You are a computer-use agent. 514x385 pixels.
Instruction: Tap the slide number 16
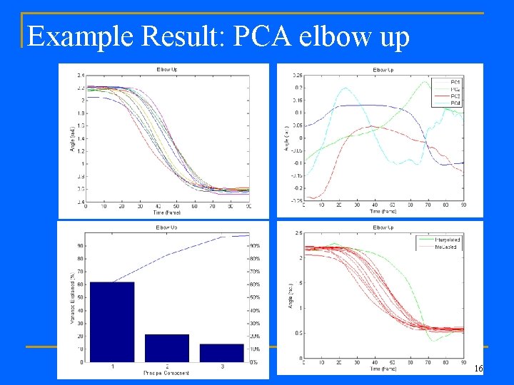click(478, 369)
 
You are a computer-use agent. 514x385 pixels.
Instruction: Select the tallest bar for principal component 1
click(112, 322)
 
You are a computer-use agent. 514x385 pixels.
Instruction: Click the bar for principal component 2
click(167, 348)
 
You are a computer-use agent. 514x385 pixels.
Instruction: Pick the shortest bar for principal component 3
click(221, 353)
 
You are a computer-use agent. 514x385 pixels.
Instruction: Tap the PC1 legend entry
click(455, 81)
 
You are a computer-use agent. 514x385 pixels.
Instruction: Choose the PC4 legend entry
click(455, 103)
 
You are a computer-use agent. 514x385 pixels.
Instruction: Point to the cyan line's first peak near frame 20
click(346, 88)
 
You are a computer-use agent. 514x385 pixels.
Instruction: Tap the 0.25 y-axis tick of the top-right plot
click(296, 75)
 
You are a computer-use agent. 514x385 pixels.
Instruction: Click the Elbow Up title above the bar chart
click(168, 227)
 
